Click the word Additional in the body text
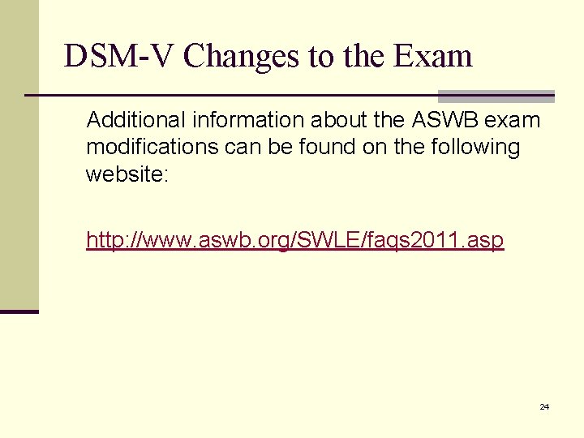tap(136, 121)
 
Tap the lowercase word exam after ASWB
tap(513, 121)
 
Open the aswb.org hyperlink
tap(295, 240)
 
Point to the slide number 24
tap(544, 406)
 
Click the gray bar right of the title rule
tap(496, 96)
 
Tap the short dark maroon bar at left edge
tap(19, 311)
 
